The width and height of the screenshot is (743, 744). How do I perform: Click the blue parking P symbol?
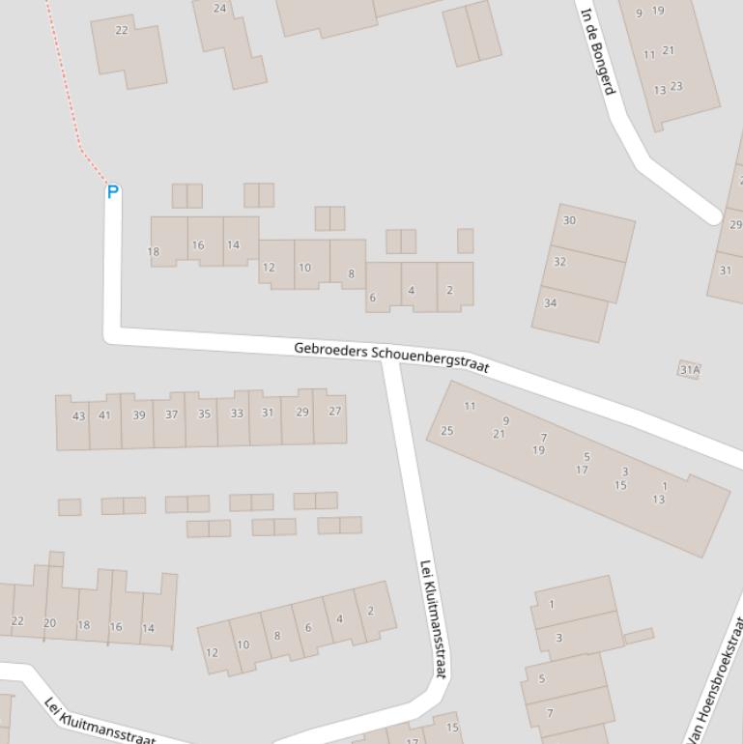(112, 192)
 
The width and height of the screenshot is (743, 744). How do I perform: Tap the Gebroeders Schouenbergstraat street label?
(391, 357)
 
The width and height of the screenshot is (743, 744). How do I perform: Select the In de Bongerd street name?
(597, 51)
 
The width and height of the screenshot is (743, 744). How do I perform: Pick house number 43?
(79, 416)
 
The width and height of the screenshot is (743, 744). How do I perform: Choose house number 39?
(139, 415)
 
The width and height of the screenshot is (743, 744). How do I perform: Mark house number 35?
(204, 415)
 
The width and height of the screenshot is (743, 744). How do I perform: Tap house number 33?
(237, 414)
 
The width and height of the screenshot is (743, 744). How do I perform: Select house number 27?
(334, 411)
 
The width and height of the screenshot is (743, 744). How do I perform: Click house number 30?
(569, 220)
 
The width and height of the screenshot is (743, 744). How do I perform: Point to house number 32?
(559, 262)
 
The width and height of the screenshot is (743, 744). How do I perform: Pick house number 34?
(550, 302)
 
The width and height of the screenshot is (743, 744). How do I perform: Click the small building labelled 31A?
(689, 369)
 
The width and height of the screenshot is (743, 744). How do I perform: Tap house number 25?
(446, 431)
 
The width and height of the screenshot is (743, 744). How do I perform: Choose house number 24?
(219, 9)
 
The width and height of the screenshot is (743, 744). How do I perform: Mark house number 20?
(49, 623)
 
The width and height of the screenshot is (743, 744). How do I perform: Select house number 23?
(676, 86)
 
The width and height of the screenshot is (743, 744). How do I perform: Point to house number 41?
(104, 415)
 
